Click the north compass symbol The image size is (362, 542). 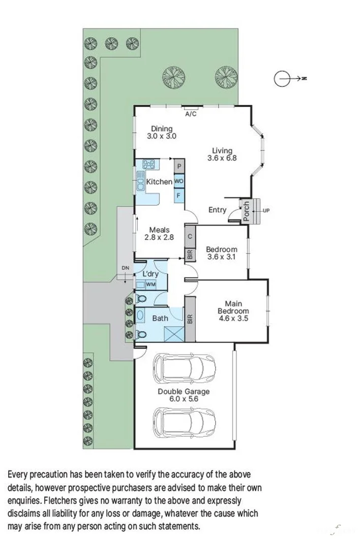pos(283,79)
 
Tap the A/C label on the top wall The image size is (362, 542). pos(191,114)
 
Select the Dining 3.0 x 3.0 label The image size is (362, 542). pos(162,133)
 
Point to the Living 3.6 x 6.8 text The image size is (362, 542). pos(222,154)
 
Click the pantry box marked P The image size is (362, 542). pos(179,166)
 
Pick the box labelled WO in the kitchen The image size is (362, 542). pos(179,181)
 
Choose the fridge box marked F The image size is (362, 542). pos(179,195)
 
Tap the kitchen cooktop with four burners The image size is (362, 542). pos(149,164)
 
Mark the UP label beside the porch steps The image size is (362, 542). pos(266,210)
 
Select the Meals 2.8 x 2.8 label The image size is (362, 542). pos(159,234)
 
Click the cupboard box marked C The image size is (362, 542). pos(190,237)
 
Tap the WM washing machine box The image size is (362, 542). pos(150,284)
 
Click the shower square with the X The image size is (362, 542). pos(173,333)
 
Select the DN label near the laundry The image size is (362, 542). pos(126,268)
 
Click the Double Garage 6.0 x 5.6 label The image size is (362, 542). pos(184,395)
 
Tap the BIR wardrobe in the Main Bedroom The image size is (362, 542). pos(190,320)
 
